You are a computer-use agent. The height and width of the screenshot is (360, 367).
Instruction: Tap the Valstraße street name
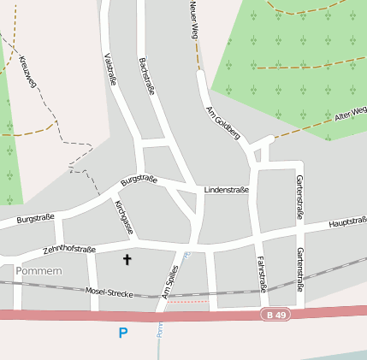110,68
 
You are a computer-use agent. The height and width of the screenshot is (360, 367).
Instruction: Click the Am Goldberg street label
222,123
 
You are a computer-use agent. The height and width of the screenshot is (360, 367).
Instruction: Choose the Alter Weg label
351,114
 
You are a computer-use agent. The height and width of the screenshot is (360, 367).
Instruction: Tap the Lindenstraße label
227,190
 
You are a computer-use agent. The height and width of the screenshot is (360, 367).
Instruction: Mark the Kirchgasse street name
125,218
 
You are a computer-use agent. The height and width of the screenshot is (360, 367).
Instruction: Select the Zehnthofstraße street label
69,250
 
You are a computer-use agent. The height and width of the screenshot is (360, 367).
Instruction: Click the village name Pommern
38,271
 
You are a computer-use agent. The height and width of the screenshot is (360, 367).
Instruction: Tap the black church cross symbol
128,258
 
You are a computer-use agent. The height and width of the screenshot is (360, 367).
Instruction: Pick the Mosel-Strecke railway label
109,292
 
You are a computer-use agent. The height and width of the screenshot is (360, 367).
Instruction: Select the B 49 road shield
272,315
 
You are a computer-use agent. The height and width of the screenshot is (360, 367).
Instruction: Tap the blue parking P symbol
123,333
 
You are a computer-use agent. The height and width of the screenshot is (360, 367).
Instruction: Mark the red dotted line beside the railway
187,301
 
